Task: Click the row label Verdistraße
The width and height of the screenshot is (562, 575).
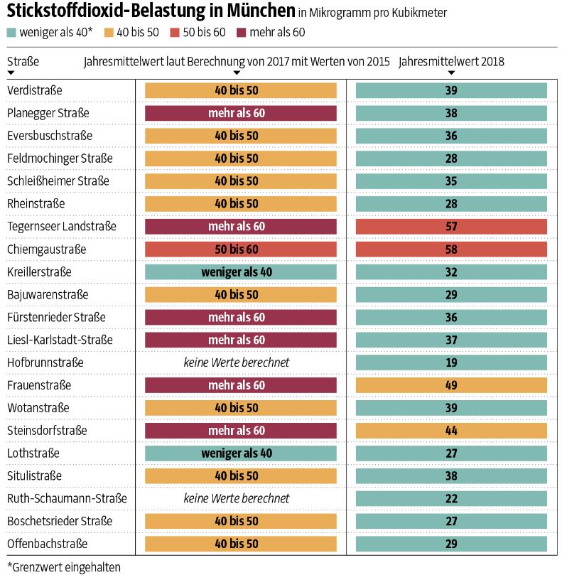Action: (35, 90)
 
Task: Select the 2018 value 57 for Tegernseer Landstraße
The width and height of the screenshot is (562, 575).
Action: (451, 227)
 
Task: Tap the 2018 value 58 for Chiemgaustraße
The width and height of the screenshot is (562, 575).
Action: (451, 249)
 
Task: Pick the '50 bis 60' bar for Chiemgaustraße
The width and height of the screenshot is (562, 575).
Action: (240, 249)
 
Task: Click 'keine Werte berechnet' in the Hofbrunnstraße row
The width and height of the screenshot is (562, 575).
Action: (237, 362)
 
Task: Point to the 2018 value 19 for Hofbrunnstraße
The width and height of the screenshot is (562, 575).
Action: (451, 362)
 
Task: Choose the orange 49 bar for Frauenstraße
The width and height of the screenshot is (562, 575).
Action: (451, 385)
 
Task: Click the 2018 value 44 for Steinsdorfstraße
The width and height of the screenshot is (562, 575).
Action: (451, 431)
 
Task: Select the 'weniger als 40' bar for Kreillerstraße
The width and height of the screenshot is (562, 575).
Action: (240, 272)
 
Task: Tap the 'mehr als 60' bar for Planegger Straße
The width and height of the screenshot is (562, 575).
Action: (240, 113)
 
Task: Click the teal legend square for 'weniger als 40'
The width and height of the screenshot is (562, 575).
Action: (11, 33)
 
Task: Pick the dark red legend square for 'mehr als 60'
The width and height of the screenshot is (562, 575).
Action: (241, 33)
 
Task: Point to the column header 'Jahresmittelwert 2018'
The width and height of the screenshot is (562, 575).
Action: (451, 61)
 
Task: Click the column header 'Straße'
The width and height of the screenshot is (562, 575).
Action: (23, 61)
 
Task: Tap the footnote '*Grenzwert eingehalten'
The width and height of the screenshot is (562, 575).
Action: (64, 567)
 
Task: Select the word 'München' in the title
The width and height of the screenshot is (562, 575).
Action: (261, 11)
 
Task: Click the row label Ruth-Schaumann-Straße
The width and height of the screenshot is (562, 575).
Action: (67, 498)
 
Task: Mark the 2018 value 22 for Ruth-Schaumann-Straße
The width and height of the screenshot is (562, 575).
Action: (451, 499)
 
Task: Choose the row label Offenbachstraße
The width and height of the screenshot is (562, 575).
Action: (48, 544)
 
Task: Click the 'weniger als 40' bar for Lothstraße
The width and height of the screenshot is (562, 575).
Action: (240, 453)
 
